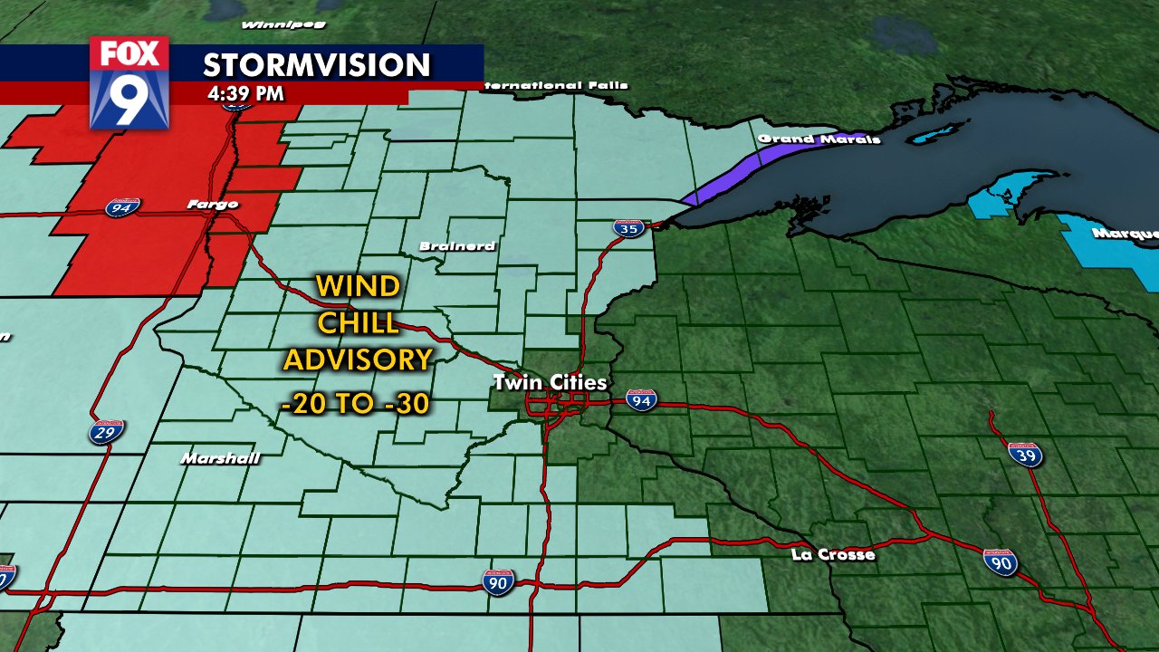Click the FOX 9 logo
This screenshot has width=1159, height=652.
(x=129, y=82)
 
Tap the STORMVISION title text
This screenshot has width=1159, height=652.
(x=316, y=65)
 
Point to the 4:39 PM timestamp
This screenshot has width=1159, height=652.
(x=244, y=93)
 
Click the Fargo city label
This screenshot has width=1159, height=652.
(x=212, y=205)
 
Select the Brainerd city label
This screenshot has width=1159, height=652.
(x=456, y=246)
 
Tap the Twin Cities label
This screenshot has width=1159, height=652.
(x=549, y=382)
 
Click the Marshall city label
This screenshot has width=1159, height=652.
(x=220, y=458)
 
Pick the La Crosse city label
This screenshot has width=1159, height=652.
(x=832, y=554)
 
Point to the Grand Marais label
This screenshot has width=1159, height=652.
(x=819, y=139)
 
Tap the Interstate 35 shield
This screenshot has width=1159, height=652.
(x=627, y=228)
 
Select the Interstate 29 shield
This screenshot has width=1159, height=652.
(x=107, y=431)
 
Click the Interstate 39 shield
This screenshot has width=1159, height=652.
(x=1025, y=454)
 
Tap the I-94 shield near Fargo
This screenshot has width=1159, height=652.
(x=121, y=208)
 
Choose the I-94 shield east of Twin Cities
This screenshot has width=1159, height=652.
(x=641, y=400)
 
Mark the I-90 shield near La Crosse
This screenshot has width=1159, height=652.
(x=1001, y=562)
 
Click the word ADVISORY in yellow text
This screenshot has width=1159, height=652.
(x=357, y=360)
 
